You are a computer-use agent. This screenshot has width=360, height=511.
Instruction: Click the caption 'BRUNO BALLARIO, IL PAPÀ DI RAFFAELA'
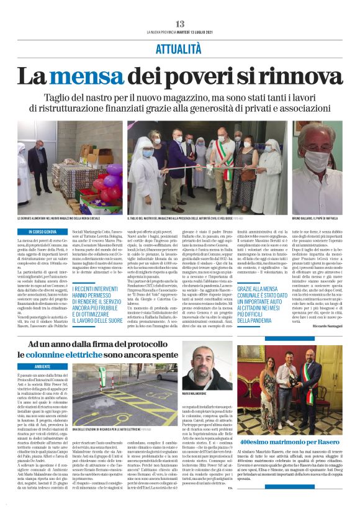pos(315,219)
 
